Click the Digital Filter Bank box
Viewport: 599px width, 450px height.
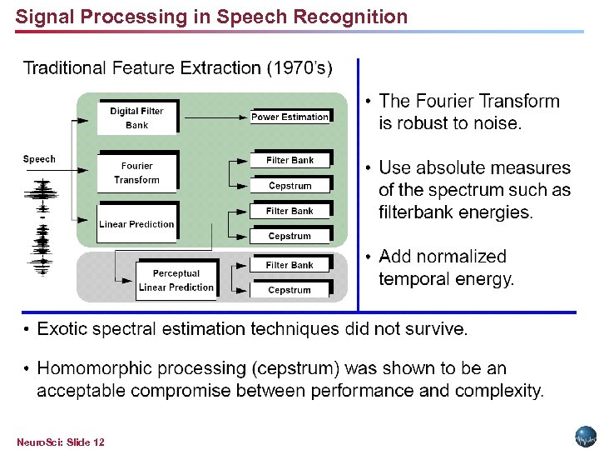click(x=136, y=118)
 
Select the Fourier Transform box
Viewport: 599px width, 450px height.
click(x=136, y=173)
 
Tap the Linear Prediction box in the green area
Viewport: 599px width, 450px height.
click(x=136, y=224)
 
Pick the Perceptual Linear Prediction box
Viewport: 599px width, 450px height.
click(x=176, y=281)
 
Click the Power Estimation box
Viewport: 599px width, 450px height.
click(x=290, y=117)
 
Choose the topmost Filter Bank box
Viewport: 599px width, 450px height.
click(x=290, y=160)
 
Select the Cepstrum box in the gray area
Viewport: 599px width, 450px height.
click(x=290, y=290)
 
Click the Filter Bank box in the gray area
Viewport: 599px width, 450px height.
click(x=290, y=265)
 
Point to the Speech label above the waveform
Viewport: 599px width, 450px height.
click(x=39, y=159)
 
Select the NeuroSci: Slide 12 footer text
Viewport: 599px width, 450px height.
click(x=60, y=442)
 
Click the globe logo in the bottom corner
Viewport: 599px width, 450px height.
click(x=586, y=437)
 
